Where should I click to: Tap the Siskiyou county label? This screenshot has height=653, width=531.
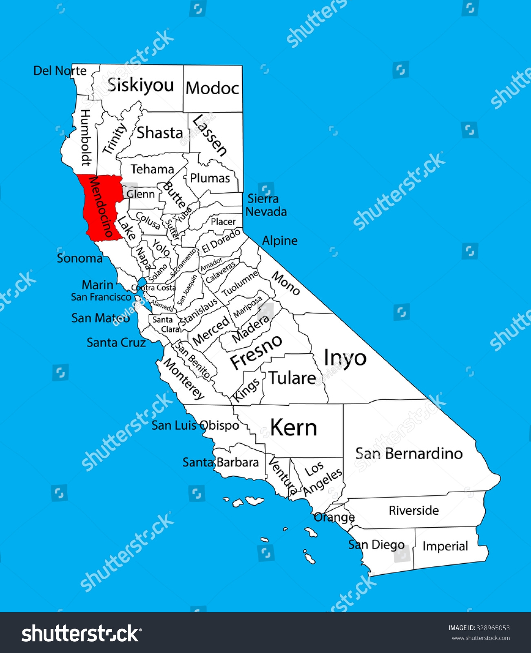click(140, 85)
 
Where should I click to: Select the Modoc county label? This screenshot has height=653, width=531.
click(212, 88)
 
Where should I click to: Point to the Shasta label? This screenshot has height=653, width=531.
click(159, 133)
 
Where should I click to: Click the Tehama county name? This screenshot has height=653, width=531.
click(152, 169)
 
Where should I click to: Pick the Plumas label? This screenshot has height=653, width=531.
click(210, 178)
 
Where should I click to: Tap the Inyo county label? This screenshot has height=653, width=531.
click(345, 358)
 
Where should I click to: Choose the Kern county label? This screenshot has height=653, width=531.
click(293, 428)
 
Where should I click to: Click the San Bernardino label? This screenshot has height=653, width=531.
click(409, 453)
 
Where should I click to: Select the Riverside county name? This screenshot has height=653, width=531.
click(414, 510)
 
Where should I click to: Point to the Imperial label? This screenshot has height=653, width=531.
click(445, 546)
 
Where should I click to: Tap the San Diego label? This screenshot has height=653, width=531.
click(376, 545)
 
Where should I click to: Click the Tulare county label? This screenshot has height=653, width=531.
click(292, 378)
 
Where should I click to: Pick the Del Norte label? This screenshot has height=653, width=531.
click(60, 71)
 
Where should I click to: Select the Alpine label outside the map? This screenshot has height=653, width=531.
click(280, 240)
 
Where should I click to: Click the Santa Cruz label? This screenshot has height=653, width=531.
click(116, 342)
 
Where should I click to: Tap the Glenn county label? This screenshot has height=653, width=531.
click(141, 194)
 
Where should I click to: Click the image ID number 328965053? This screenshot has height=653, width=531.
click(493, 628)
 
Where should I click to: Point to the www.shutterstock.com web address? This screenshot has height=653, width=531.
click(480, 638)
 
